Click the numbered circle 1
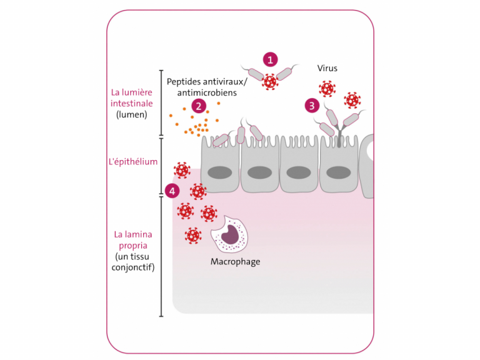coord(270,59)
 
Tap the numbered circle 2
coord(199,106)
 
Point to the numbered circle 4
coord(172,191)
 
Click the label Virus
coord(327,68)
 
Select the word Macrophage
coord(235,261)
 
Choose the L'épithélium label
coord(133,162)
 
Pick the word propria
coord(132,246)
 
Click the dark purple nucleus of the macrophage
coord(230,234)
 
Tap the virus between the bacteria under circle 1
coord(270,81)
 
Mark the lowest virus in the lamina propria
coord(193,236)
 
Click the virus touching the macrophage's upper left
coord(209,213)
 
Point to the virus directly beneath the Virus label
coord(327,88)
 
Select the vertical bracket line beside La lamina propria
coord(161,256)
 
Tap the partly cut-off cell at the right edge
coord(367,166)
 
